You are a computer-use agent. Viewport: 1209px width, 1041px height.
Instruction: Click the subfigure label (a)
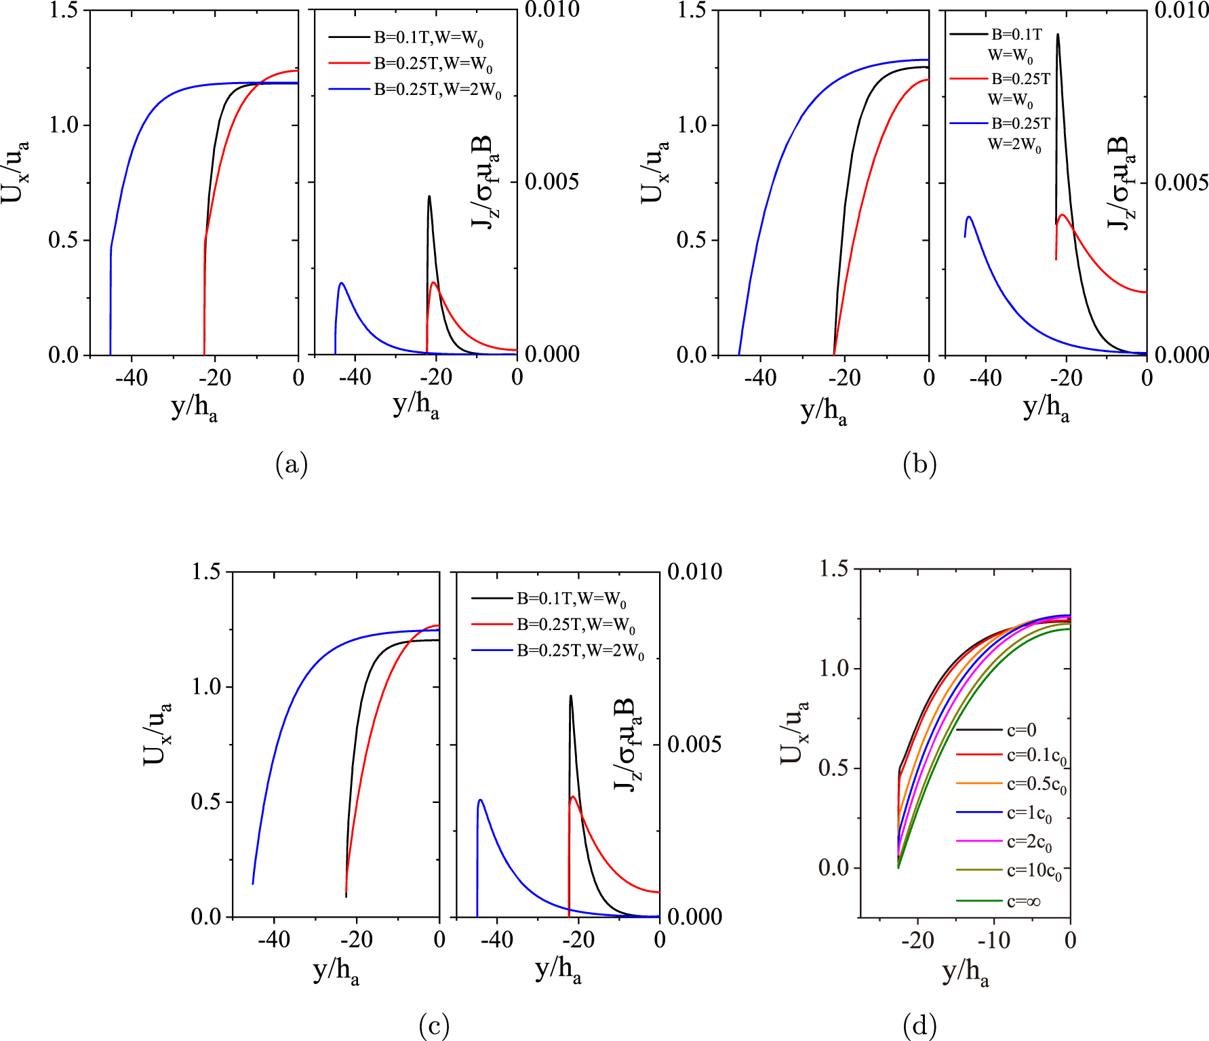tap(292, 465)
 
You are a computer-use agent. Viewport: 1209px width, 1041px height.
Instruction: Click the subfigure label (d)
tap(919, 1025)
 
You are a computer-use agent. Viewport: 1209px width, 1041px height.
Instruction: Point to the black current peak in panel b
tap(1057, 35)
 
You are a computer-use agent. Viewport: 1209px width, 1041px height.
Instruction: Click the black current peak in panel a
tap(429, 197)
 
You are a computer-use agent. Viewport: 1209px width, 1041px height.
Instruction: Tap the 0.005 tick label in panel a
tap(552, 182)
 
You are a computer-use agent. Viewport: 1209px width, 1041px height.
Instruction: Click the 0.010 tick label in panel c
tap(694, 571)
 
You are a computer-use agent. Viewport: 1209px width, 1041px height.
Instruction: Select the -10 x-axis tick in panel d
tap(994, 941)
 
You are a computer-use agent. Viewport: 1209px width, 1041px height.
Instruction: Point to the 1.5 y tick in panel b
tap(692, 10)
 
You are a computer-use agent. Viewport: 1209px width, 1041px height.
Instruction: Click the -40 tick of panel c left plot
tap(274, 939)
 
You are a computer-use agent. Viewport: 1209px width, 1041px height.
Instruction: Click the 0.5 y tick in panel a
tap(63, 240)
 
